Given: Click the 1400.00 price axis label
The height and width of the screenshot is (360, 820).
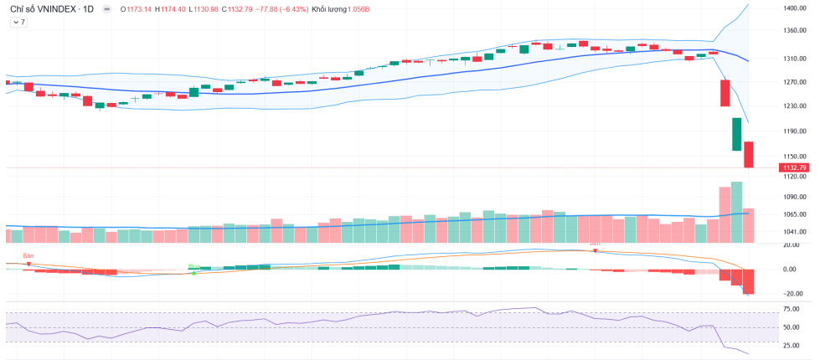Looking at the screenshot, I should [794, 8].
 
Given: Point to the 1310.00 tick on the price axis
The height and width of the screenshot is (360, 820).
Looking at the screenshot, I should [794, 59].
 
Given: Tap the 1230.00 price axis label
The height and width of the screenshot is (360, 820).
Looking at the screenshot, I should [794, 106].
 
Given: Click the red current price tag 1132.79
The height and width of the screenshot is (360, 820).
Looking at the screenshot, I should [794, 167].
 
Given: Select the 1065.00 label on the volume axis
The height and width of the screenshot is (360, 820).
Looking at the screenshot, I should [794, 214].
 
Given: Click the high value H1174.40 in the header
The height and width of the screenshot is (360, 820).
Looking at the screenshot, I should [173, 9].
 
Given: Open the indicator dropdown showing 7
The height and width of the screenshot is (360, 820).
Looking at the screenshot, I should [18, 23].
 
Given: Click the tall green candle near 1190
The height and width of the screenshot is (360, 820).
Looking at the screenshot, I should [737, 134].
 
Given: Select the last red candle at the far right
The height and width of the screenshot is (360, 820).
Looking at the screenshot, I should [749, 155].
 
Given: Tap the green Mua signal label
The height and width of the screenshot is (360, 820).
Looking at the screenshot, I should [193, 266].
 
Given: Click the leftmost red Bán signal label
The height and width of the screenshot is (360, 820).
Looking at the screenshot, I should [28, 255].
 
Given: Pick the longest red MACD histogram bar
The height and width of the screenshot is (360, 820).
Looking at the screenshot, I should [749, 281].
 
